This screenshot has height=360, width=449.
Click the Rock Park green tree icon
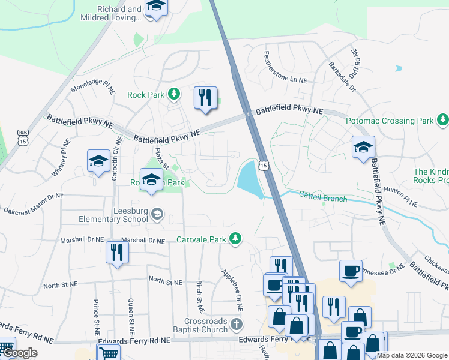[174, 94]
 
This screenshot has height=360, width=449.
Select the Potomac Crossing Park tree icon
[442, 121]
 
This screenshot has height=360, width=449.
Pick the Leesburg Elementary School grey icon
[157, 214]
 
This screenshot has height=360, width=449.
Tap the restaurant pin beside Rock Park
[205, 97]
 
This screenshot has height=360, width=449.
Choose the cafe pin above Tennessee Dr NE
[351, 271]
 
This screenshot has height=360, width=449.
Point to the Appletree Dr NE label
[233, 289]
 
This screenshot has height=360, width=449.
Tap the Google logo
[19, 353]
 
